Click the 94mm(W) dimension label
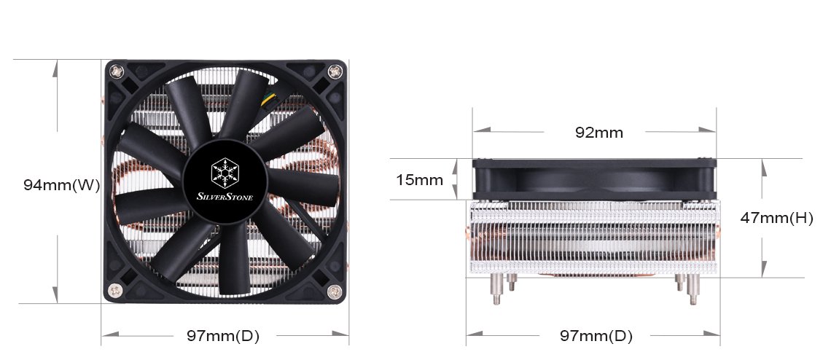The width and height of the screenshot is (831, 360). (x=61, y=184)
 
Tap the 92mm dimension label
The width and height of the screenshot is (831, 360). (x=599, y=133)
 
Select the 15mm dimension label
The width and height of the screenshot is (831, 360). (x=419, y=179)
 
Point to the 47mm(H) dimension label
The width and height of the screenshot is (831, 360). (x=776, y=217)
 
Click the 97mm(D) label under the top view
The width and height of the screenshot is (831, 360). (x=223, y=336)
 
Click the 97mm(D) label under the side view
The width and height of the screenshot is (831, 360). (x=596, y=336)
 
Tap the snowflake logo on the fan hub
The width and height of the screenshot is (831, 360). (x=224, y=173)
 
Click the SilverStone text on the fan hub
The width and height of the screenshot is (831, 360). (x=224, y=195)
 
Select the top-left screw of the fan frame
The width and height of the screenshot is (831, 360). (x=117, y=71)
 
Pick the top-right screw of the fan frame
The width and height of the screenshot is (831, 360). (x=335, y=71)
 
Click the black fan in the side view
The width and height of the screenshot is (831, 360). (x=593, y=179)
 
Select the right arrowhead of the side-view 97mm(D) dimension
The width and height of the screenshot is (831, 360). (x=714, y=336)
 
